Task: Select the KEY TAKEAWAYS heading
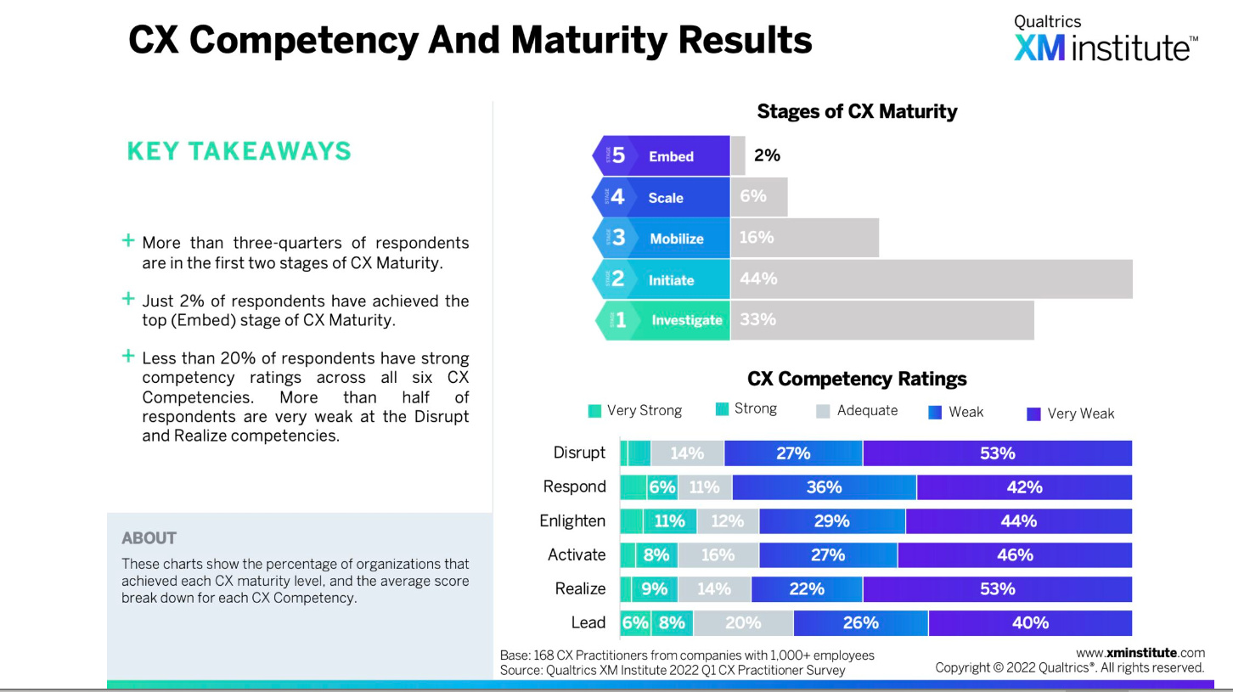point(239,151)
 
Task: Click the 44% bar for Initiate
point(931,279)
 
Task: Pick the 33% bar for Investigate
point(881,320)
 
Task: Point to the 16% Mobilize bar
point(803,238)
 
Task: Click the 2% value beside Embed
point(767,155)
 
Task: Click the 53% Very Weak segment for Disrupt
point(997,453)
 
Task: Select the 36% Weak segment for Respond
point(824,487)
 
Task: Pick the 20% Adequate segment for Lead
point(743,623)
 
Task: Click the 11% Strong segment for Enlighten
point(668,521)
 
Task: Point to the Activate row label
point(577,555)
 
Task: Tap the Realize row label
point(580,589)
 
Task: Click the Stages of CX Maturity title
point(856,111)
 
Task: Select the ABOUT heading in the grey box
point(149,538)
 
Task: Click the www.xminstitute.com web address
point(1140,653)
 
